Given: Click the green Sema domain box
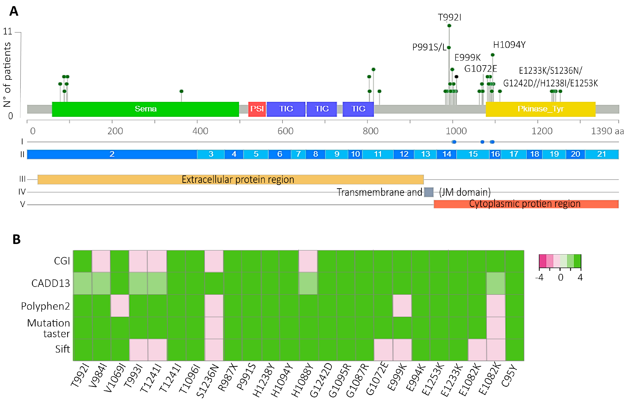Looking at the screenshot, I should pyautogui.click(x=145, y=109).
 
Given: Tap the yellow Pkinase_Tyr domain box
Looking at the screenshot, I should pyautogui.click(x=540, y=109).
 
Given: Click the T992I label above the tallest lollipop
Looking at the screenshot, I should pyautogui.click(x=449, y=17).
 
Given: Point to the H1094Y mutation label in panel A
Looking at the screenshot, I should pyautogui.click(x=509, y=45).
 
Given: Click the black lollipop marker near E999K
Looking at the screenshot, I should pyautogui.click(x=456, y=77).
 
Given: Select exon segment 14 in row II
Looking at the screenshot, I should pyautogui.click(x=447, y=154).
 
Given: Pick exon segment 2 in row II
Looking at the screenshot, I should pyautogui.click(x=112, y=154).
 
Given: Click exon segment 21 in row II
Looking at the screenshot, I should pyautogui.click(x=601, y=154).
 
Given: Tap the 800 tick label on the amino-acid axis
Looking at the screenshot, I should pyautogui.click(x=370, y=131).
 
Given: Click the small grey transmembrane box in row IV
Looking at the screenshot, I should pyautogui.click(x=429, y=192).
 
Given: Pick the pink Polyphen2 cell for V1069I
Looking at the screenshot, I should pyautogui.click(x=120, y=306).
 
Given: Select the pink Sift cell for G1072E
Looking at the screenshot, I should pyautogui.click(x=383, y=350).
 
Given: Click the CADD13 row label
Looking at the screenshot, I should pyautogui.click(x=51, y=283).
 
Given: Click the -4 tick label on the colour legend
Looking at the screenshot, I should pyautogui.click(x=539, y=277).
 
